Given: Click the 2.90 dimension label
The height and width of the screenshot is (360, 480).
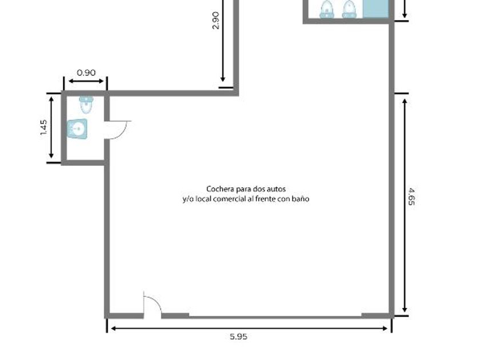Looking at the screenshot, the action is (215, 20).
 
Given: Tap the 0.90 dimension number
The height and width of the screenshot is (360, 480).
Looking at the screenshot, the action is (86, 73).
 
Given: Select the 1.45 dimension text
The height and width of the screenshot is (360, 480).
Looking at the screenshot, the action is (43, 127).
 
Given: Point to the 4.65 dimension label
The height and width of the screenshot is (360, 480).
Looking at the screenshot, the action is (411, 197).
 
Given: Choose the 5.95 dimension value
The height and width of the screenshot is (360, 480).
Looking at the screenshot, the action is (238, 337).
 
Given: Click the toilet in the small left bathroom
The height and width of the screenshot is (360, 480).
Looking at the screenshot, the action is (86, 105).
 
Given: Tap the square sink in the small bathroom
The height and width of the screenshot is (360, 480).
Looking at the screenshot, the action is (77, 129).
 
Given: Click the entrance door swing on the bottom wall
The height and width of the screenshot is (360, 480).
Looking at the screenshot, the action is (153, 305).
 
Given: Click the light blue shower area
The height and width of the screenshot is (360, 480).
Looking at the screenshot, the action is (376, 9).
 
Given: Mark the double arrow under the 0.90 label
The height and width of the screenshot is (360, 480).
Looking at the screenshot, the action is (86, 81).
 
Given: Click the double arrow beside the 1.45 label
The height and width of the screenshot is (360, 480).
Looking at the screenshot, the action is (51, 127).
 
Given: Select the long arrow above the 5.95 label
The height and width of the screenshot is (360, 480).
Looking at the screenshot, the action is (249, 329).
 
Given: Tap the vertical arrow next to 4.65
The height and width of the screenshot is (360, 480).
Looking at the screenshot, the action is (405, 205).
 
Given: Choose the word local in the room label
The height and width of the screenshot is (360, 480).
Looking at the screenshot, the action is (203, 199).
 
